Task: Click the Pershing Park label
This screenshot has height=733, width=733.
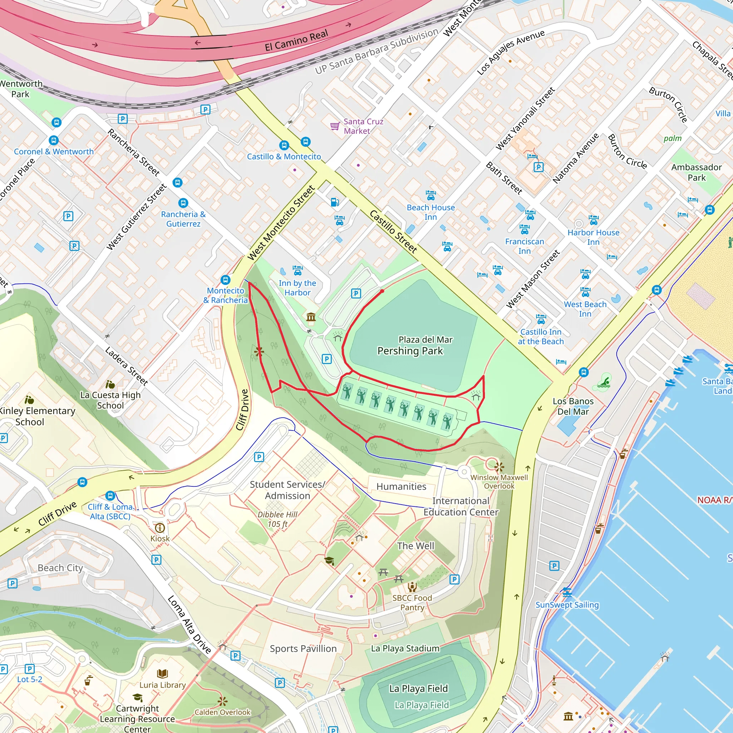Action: (x=410, y=351)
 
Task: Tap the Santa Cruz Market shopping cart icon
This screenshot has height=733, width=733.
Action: (x=335, y=126)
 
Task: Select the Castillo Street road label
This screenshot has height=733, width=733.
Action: (x=393, y=232)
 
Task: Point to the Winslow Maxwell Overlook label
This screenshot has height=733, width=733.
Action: (x=499, y=481)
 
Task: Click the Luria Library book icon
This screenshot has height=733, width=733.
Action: (x=162, y=674)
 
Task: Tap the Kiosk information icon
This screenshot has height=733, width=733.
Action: (x=160, y=528)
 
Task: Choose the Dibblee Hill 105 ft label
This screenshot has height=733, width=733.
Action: (x=278, y=519)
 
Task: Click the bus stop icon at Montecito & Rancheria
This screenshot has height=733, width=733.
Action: (x=225, y=280)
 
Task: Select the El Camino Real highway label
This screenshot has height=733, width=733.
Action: (x=296, y=40)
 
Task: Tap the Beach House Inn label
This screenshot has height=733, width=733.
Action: (x=431, y=212)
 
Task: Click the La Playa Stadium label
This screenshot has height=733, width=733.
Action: (x=405, y=649)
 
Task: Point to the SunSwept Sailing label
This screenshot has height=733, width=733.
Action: (x=567, y=605)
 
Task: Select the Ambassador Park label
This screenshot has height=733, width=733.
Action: (x=696, y=172)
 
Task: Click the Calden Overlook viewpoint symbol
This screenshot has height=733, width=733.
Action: (x=222, y=701)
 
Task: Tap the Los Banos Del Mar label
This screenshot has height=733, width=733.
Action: (x=573, y=406)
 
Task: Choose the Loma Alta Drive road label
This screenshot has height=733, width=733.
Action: (x=189, y=625)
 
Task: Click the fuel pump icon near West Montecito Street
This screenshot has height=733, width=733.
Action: (x=335, y=202)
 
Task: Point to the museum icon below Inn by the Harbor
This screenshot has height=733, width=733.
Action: (x=311, y=317)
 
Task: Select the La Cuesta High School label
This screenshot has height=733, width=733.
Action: (x=110, y=400)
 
